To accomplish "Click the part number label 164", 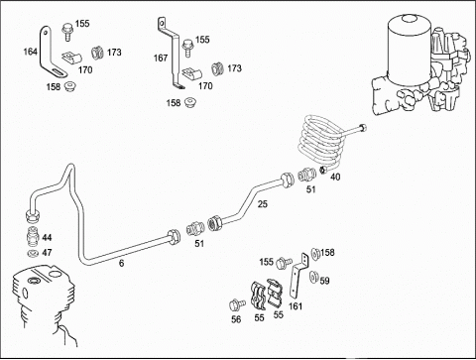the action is pyautogui.click(x=30, y=52).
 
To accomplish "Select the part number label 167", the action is pyautogui.click(x=161, y=58).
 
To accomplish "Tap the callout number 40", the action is pyautogui.click(x=335, y=177).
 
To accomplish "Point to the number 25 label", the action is pyautogui.click(x=263, y=204).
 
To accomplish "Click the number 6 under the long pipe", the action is pyautogui.click(x=122, y=263).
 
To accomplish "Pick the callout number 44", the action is pyautogui.click(x=47, y=237).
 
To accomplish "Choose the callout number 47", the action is pyautogui.click(x=47, y=253).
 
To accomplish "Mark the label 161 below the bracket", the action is pyautogui.click(x=296, y=306).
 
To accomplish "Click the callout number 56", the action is pyautogui.click(x=236, y=319).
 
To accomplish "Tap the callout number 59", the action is pyautogui.click(x=324, y=281).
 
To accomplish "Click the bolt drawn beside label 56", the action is pyautogui.click(x=237, y=303).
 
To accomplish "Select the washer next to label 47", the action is pyautogui.click(x=33, y=254).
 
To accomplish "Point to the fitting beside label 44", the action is pyautogui.click(x=33, y=237).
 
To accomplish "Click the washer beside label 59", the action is pyautogui.click(x=313, y=277).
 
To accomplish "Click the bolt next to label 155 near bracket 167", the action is pyautogui.click(x=187, y=48).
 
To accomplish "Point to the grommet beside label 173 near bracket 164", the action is pyautogui.click(x=96, y=53).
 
